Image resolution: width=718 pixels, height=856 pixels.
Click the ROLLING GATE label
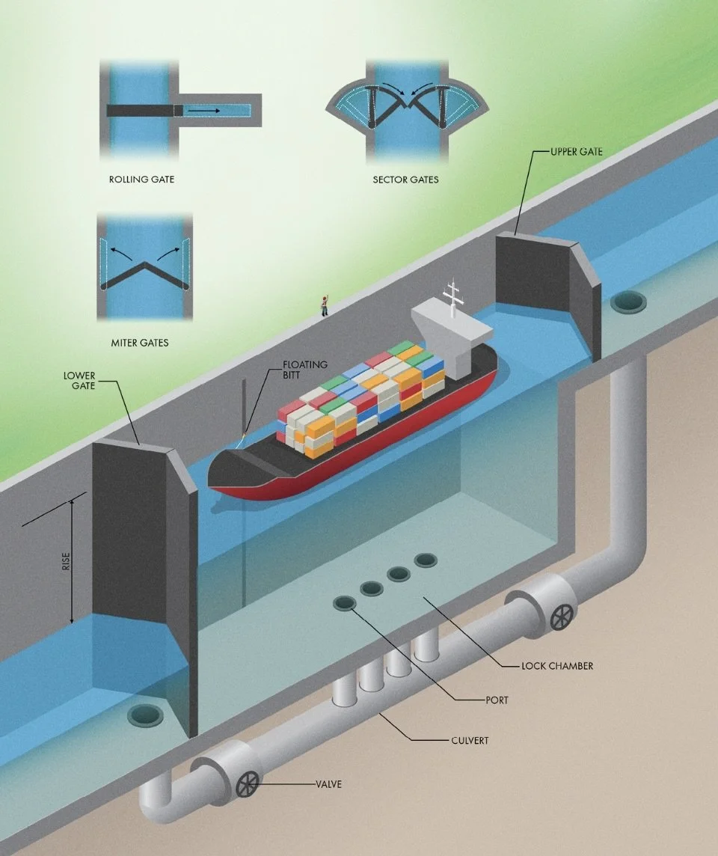coord(141,180)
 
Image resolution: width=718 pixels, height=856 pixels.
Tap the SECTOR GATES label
coord(405,180)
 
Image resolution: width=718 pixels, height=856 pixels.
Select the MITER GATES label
coord(139,343)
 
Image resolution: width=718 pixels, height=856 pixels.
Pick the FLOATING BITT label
coord(305,370)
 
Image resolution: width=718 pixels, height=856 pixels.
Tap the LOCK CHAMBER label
coord(557,665)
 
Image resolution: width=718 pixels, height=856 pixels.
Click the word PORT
coord(497,700)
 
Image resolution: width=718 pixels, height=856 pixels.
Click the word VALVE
coord(328,785)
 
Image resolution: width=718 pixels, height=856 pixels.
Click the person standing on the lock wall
coord(325,305)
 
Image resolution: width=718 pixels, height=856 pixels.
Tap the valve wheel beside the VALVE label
coord(247,786)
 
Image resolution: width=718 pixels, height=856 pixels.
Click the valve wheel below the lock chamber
coord(561,617)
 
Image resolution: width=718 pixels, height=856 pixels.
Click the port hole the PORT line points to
coord(345,602)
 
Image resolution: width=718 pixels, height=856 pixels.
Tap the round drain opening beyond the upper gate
coord(627,302)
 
